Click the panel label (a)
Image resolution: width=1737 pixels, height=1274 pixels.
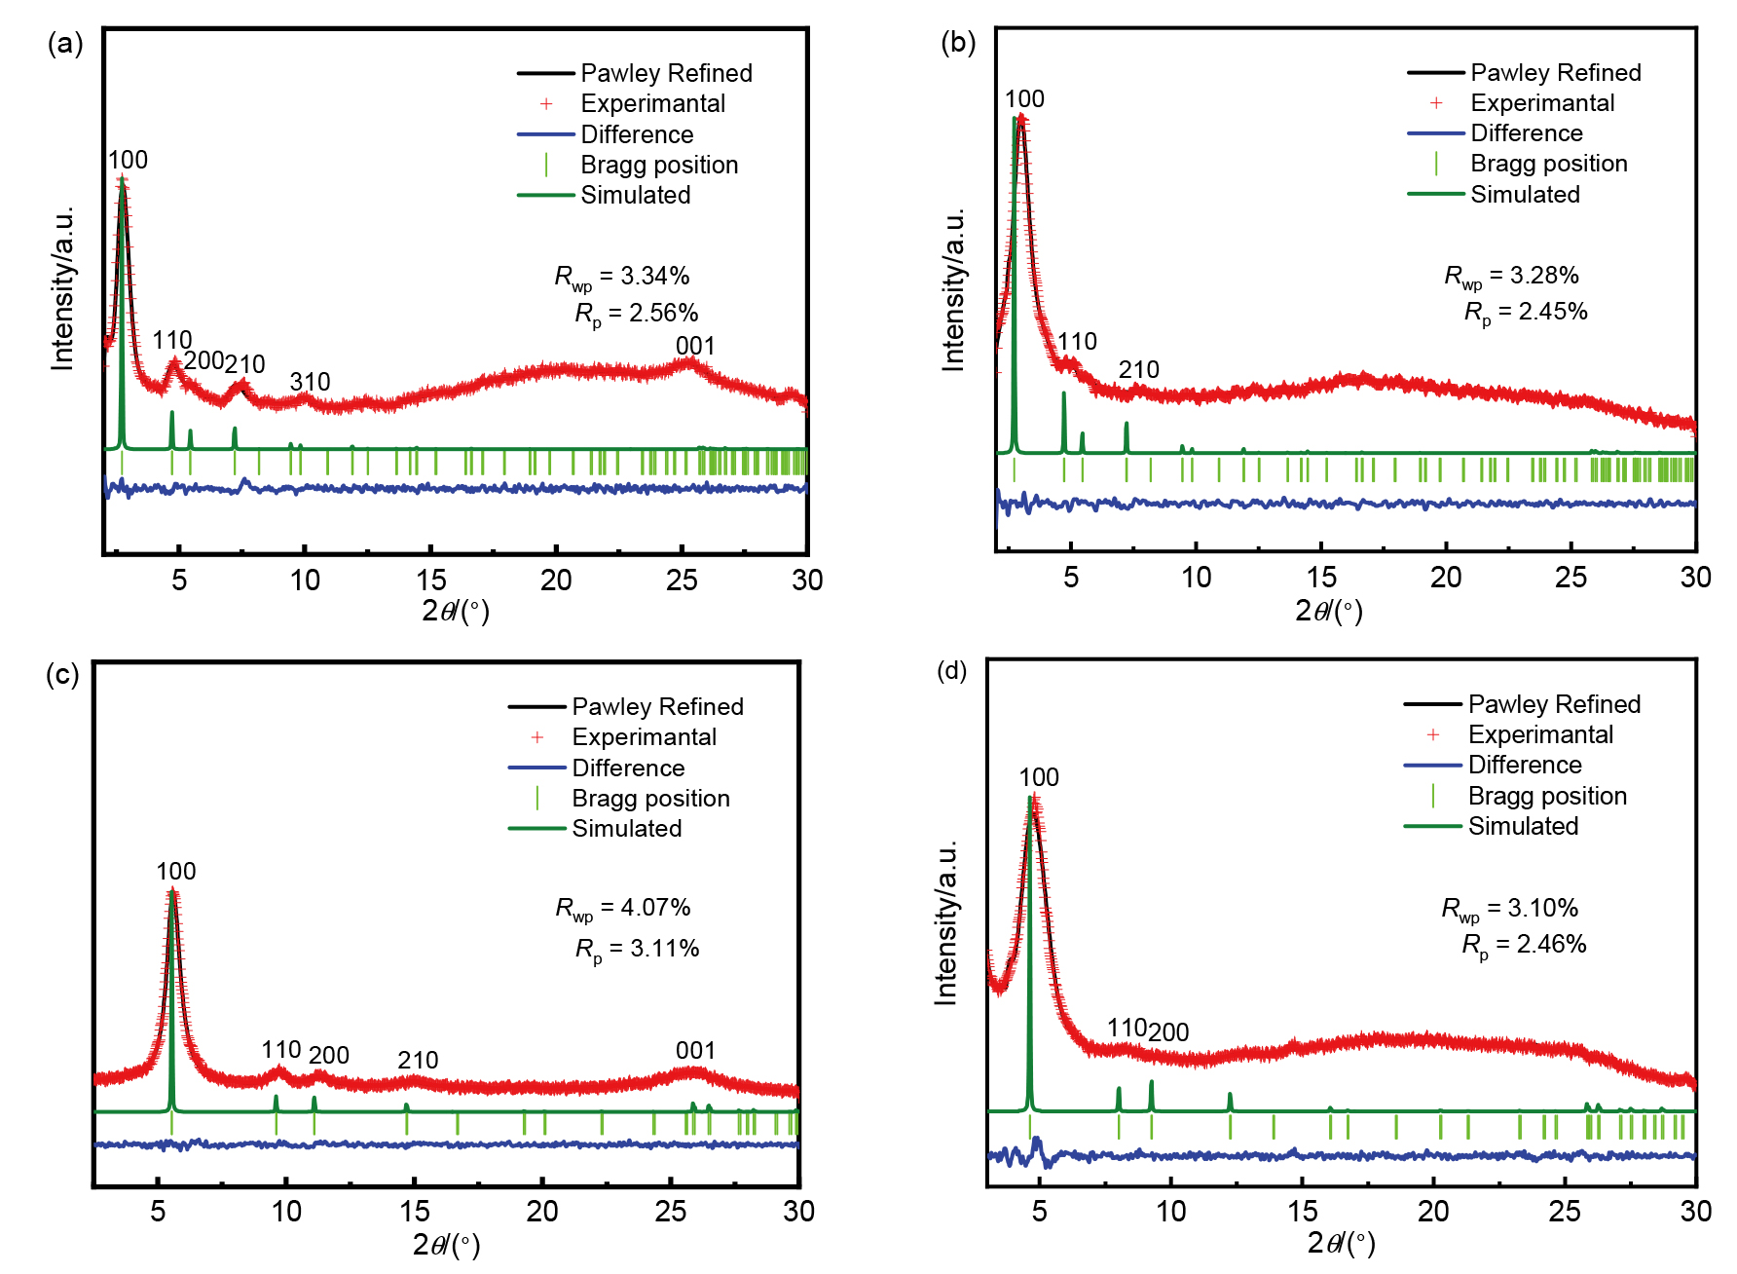tap(65, 44)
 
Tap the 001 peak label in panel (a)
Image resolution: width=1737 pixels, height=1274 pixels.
tap(695, 346)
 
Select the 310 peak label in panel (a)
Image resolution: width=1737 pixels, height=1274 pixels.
tap(310, 382)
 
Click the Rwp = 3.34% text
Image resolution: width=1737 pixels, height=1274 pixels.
tap(622, 277)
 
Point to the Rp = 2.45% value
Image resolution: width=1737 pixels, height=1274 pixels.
tap(1526, 312)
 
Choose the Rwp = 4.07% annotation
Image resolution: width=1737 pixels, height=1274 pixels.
tap(623, 908)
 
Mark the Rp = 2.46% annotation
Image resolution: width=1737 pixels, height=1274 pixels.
tap(1524, 944)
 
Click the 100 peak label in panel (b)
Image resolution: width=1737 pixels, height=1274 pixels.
tap(1024, 98)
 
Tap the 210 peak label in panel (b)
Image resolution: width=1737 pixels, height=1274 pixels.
tap(1138, 370)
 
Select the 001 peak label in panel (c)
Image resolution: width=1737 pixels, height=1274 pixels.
tap(695, 1050)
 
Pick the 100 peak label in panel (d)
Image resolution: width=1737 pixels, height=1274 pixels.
tap(1039, 777)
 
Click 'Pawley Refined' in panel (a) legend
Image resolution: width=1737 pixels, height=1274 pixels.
tap(666, 73)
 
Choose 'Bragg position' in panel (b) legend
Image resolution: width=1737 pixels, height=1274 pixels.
tap(1548, 164)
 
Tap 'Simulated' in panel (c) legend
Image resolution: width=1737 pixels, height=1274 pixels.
tap(626, 829)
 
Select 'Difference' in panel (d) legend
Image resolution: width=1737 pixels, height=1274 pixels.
tap(1525, 765)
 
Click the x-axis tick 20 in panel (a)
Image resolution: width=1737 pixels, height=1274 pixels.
tap(556, 581)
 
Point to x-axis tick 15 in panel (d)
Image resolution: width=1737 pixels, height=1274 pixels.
tap(1303, 1212)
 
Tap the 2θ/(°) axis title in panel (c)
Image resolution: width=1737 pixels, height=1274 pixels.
tap(446, 1244)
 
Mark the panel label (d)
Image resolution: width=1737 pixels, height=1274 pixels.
tap(951, 671)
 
